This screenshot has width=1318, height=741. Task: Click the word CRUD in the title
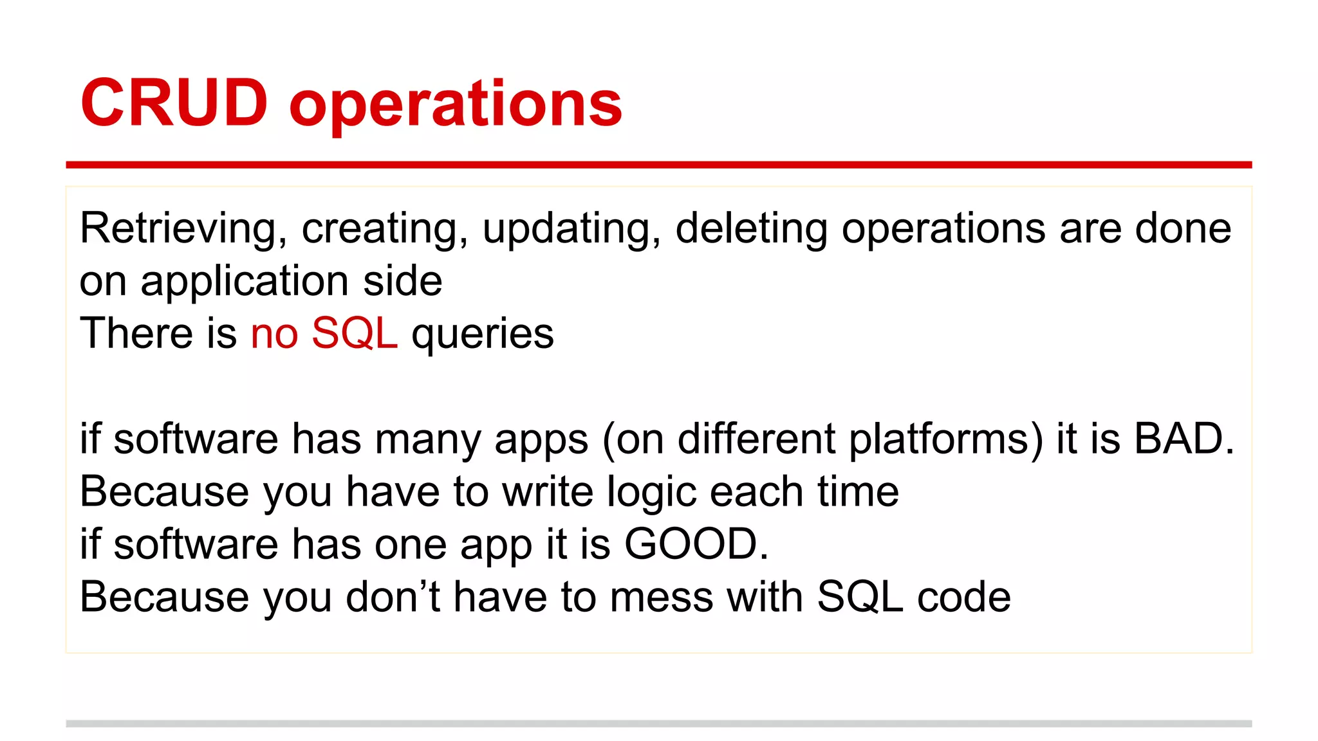[174, 103]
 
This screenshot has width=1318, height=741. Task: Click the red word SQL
[355, 334]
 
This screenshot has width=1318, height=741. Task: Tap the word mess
[661, 598]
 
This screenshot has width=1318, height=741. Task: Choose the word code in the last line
[963, 598]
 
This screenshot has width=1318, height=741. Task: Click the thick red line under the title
[658, 165]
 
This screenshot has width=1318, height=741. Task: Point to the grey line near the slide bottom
[658, 724]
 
